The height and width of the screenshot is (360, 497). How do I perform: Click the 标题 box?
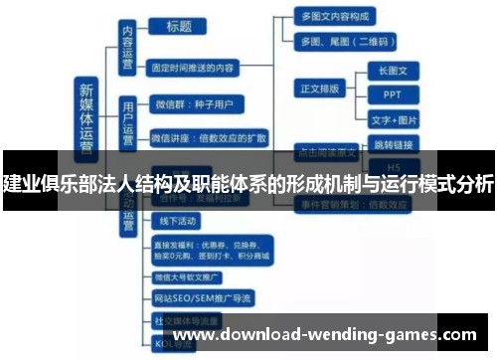(180, 27)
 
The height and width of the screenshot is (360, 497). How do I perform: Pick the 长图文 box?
(393, 71)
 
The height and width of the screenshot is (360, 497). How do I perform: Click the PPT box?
(393, 94)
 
